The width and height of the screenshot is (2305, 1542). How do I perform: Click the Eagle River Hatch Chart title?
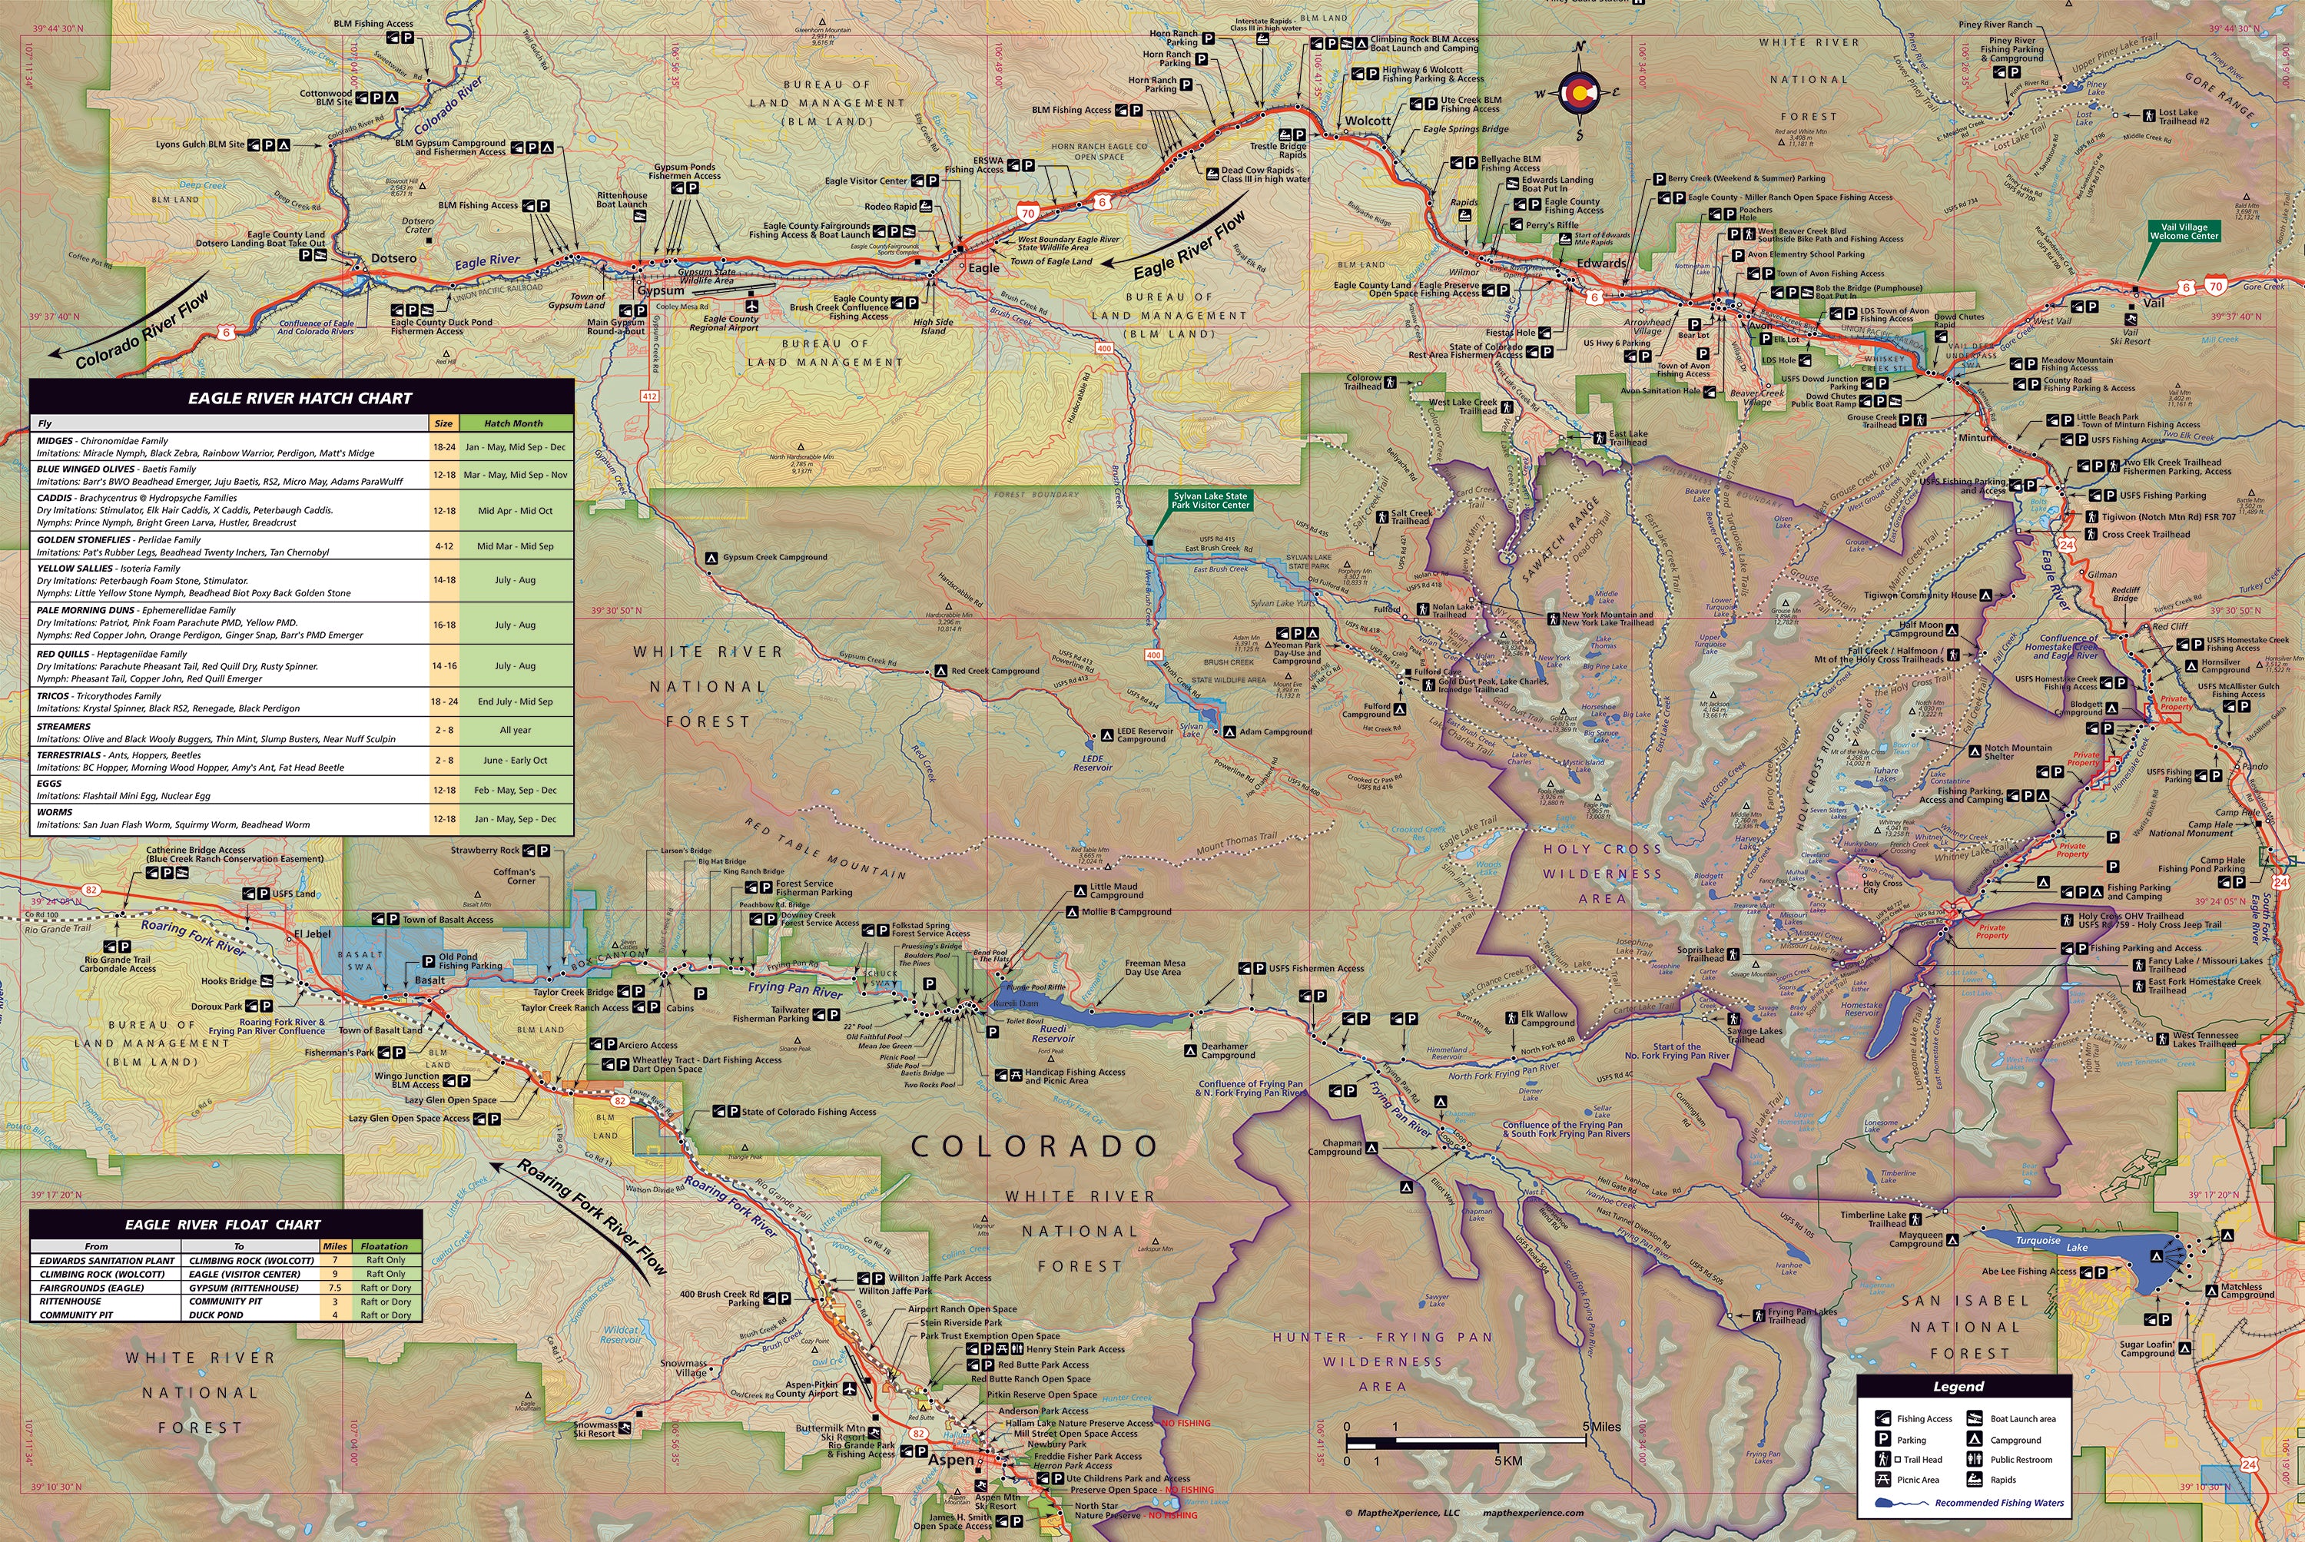[300, 398]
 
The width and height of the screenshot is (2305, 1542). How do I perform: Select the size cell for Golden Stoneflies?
[443, 546]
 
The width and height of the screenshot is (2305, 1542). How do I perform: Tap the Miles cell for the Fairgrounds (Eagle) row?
[335, 1287]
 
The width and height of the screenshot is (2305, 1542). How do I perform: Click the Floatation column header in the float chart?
[384, 1246]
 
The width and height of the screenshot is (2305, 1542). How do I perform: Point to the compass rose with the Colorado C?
[1578, 92]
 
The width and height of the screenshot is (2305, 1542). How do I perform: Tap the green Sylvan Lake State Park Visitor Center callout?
[1209, 501]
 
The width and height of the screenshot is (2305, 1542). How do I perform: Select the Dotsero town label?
[393, 259]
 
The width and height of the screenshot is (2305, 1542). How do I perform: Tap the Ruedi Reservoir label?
[1053, 1033]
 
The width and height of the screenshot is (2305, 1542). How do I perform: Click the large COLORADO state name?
[1033, 1146]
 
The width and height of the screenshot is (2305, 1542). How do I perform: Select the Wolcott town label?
[1368, 121]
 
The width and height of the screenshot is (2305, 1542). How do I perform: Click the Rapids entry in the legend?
[2003, 1479]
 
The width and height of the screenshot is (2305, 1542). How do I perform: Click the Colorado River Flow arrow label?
[144, 330]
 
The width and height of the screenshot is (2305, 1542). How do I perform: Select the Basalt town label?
[429, 980]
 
